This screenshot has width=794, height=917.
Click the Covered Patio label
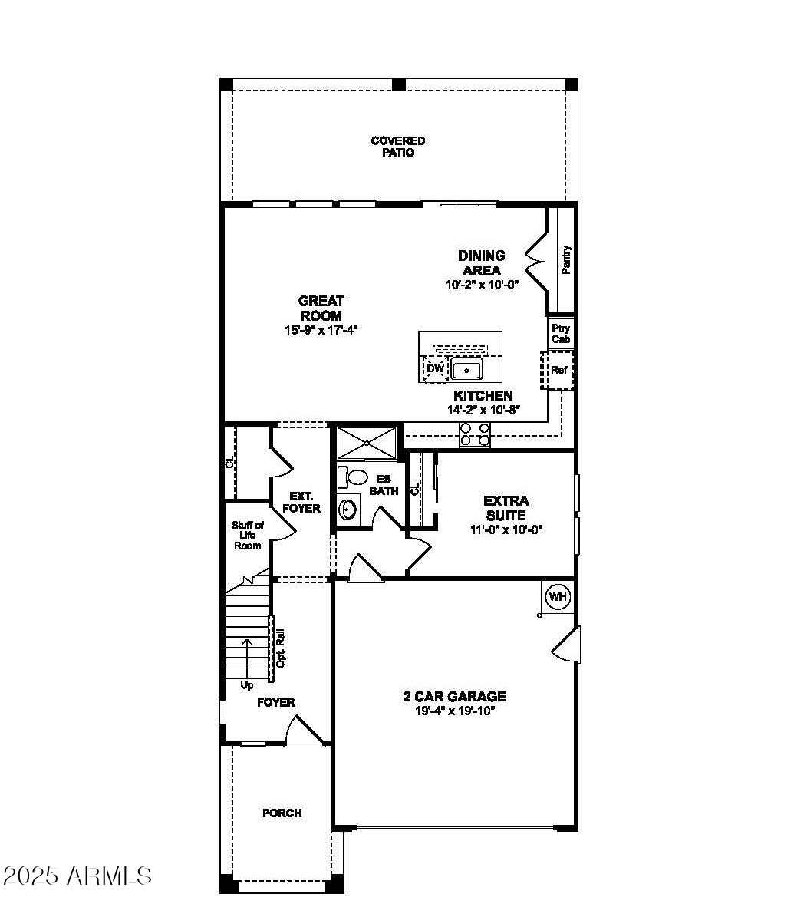coord(397,147)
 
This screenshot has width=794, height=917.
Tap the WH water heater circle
coord(558,596)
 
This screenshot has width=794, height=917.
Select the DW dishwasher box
coord(435,369)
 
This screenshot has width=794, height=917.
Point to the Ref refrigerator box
coord(558,371)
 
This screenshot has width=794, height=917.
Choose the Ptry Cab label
coord(561,334)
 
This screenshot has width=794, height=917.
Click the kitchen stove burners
coord(474,435)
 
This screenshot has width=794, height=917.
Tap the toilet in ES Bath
coord(354,477)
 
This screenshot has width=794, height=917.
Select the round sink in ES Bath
coord(349,508)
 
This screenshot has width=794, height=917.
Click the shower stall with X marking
coord(366,443)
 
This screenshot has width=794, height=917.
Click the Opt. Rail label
coord(281,648)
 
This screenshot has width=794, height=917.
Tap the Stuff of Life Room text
coord(248,536)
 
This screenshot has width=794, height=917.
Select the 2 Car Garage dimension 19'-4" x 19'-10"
coord(454,711)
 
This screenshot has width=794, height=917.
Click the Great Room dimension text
coord(321,330)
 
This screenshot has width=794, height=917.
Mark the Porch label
coord(282,813)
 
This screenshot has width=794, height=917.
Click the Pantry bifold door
coord(535,261)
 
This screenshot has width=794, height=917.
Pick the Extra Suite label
coord(506,508)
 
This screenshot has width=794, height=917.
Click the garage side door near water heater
coord(568,645)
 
